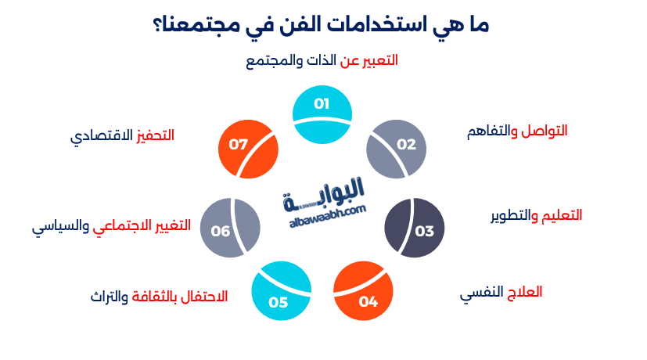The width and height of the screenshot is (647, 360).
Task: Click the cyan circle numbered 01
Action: tap(322, 115)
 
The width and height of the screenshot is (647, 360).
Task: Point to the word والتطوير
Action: tap(515, 215)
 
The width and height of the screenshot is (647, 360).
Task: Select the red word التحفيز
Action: tap(155, 135)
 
